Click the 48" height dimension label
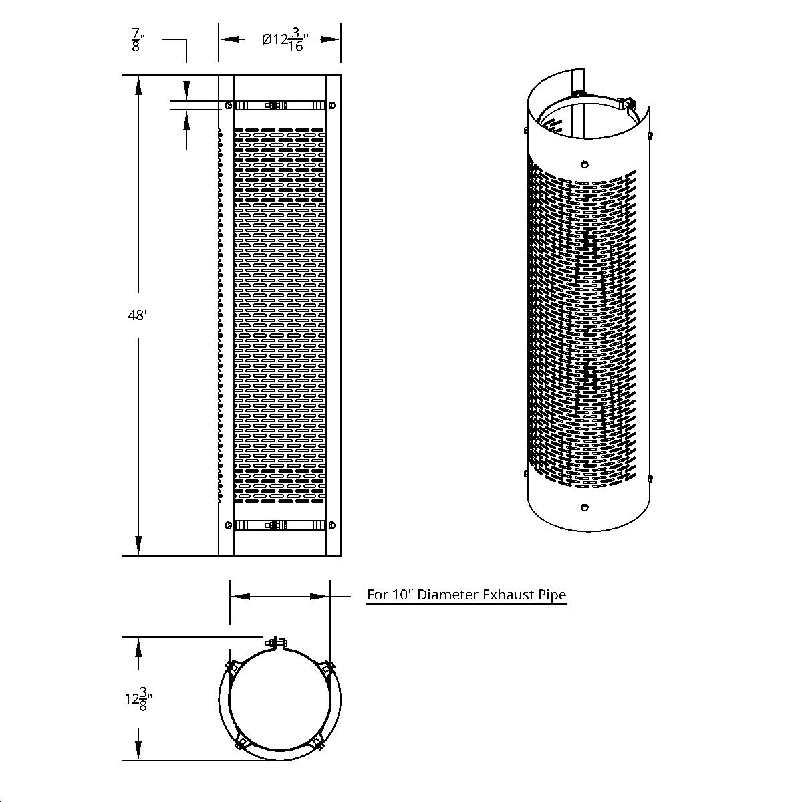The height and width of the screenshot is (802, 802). click(x=138, y=315)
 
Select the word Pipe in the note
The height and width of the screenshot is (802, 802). click(x=553, y=595)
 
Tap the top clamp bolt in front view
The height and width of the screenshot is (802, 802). click(x=273, y=105)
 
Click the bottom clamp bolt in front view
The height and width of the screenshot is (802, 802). click(x=273, y=526)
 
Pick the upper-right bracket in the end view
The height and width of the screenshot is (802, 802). click(x=326, y=667)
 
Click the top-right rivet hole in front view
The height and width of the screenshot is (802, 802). click(x=332, y=105)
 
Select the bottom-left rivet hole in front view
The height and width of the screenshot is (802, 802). click(x=229, y=526)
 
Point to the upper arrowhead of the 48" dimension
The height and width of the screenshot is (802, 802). click(x=138, y=84)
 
